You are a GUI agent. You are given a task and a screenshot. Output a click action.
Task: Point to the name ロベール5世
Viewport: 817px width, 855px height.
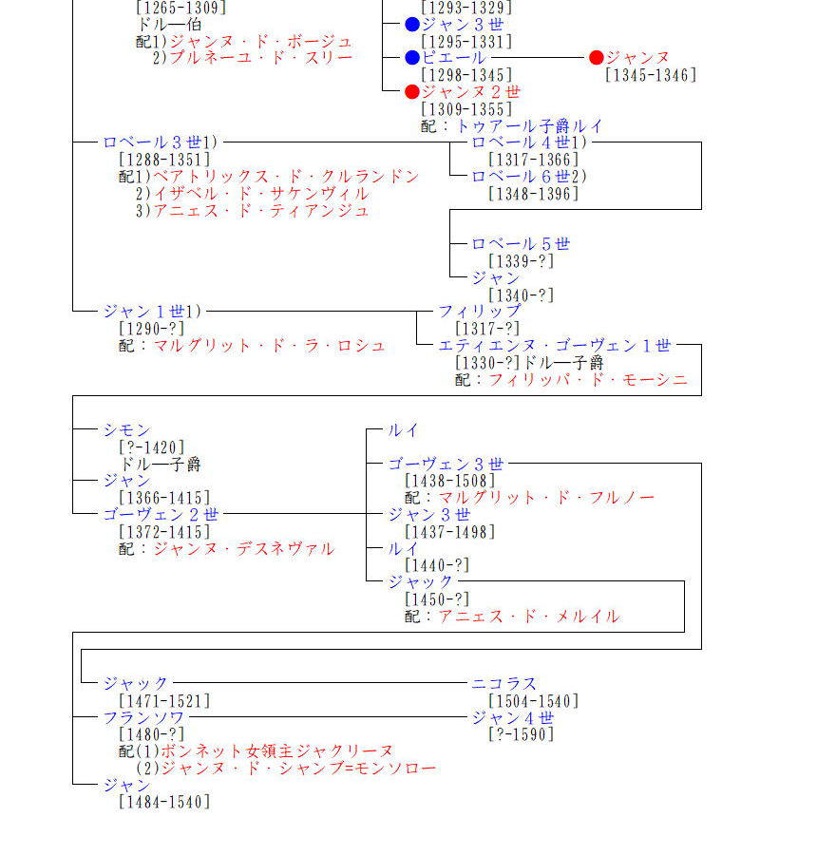pyautogui.click(x=521, y=244)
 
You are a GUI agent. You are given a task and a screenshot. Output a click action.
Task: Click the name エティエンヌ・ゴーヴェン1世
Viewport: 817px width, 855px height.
pyautogui.click(x=555, y=346)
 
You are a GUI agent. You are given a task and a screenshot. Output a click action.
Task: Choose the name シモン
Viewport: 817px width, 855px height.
pyautogui.click(x=126, y=430)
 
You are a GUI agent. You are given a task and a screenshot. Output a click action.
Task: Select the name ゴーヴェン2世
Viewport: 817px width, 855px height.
pyautogui.click(x=161, y=514)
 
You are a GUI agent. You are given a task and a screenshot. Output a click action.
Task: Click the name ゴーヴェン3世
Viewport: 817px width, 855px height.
pyautogui.click(x=446, y=464)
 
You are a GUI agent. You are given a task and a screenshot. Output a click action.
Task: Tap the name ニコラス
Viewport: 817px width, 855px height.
pyautogui.click(x=504, y=683)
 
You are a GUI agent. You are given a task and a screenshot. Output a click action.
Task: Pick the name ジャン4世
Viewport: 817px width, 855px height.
pyautogui.click(x=513, y=717)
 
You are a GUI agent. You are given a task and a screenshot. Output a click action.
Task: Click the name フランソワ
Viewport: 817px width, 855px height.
pyautogui.click(x=144, y=717)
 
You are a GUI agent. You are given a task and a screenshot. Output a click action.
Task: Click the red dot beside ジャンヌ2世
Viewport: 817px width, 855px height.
pyautogui.click(x=411, y=92)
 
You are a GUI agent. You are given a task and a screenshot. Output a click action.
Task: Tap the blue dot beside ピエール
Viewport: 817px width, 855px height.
pyautogui.click(x=411, y=58)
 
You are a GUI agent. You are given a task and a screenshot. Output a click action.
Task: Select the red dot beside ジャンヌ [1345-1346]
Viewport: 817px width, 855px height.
pyautogui.click(x=597, y=58)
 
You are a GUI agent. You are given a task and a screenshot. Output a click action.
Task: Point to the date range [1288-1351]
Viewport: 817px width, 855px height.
pyautogui.click(x=164, y=160)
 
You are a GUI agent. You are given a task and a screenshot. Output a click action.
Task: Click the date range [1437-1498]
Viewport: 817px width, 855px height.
pyautogui.click(x=450, y=532)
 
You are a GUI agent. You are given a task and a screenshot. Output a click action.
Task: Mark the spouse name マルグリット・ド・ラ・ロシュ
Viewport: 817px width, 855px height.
pyautogui.click(x=270, y=346)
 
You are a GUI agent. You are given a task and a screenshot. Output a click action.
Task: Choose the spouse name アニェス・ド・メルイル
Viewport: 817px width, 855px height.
pyautogui.click(x=528, y=617)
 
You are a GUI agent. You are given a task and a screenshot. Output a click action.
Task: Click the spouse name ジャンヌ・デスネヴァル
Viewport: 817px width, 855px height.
pyautogui.click(x=244, y=548)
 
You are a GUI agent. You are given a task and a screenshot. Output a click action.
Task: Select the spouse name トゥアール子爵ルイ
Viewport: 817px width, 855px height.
pyautogui.click(x=529, y=125)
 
